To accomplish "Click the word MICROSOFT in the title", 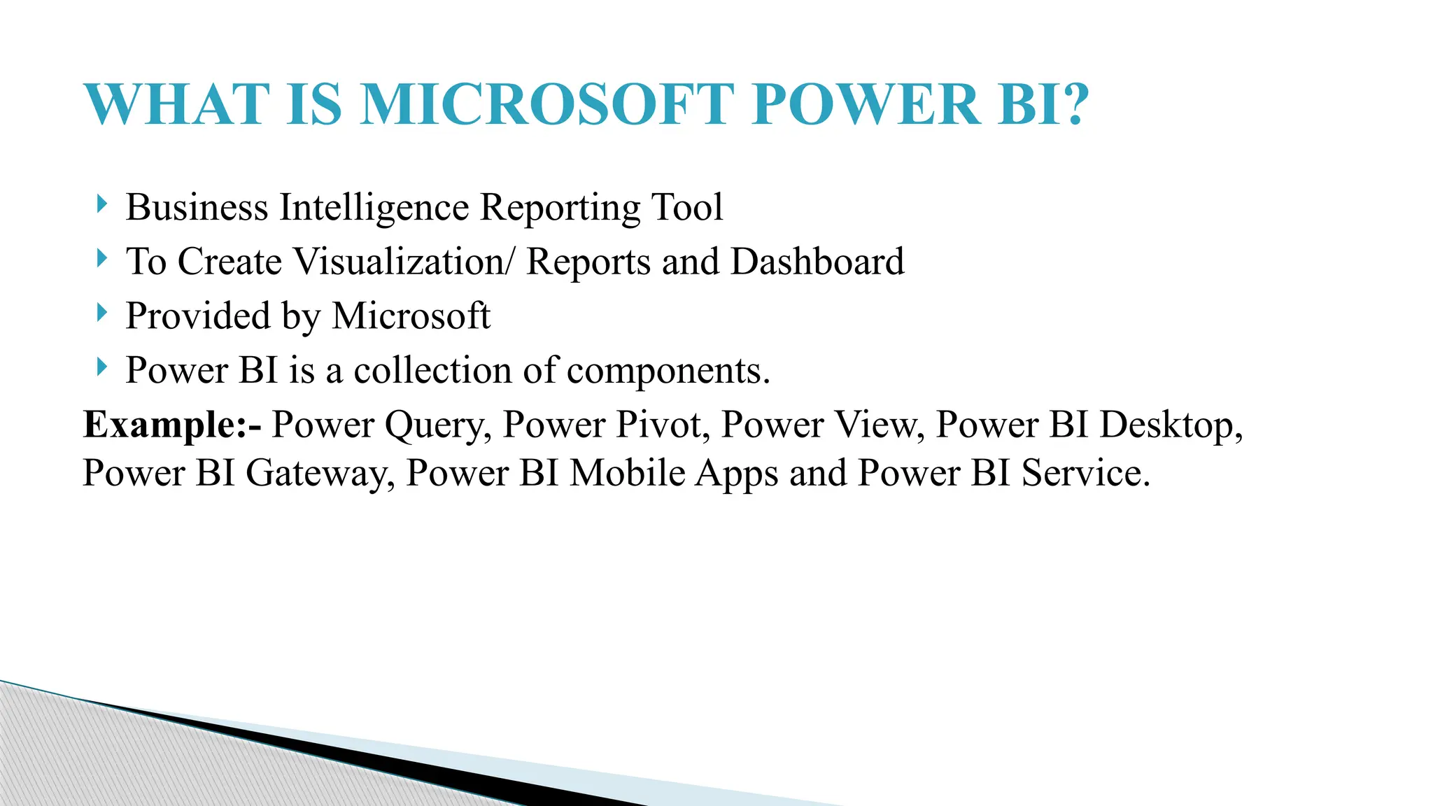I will [x=547, y=105].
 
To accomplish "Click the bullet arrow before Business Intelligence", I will [x=102, y=205].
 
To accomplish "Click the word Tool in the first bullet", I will [x=687, y=208].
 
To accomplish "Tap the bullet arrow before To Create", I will [x=102, y=259].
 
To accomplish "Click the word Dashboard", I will [x=817, y=262].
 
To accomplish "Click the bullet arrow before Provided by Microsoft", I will [x=102, y=313].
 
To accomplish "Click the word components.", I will [x=668, y=372].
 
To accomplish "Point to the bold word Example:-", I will [x=172, y=425].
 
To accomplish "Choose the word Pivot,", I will [x=663, y=425].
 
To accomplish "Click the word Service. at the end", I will [x=1085, y=473].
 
